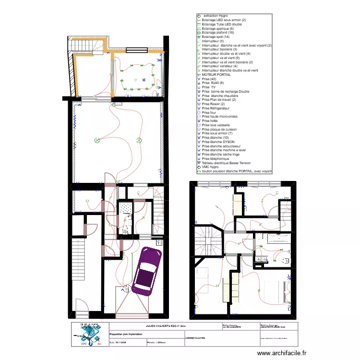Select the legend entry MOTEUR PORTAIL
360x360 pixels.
tap(216, 75)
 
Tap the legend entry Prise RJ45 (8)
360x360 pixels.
tap(213, 83)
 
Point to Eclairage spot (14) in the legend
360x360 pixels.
tap(216, 37)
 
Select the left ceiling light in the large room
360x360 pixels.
tap(97, 140)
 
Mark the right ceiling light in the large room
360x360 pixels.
tap(139, 140)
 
